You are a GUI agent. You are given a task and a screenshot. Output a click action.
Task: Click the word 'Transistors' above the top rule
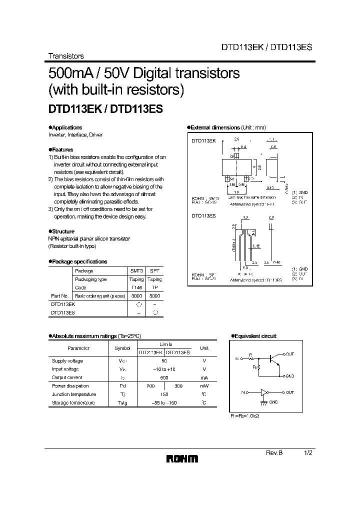click(65, 56)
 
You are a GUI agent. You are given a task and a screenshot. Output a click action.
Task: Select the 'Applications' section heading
click(66, 127)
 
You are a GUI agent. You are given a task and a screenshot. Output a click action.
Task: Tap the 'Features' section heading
click(62, 149)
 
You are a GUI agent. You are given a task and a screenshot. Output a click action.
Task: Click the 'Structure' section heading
click(63, 231)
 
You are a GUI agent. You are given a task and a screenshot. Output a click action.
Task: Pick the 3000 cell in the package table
click(136, 296)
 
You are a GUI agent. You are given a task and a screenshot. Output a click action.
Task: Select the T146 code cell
click(136, 287)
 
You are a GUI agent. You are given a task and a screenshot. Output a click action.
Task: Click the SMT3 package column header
click(136, 270)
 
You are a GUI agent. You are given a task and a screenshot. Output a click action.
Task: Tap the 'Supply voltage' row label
click(67, 360)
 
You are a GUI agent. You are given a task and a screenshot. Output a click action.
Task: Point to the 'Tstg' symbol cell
click(122, 402)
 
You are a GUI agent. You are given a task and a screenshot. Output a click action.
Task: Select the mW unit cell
click(204, 386)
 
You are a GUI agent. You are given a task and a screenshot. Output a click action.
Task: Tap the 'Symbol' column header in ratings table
click(122, 348)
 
